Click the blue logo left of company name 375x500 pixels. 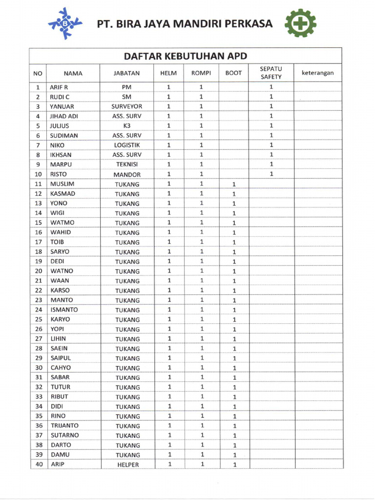(x=65, y=23)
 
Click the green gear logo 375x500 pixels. (x=300, y=23)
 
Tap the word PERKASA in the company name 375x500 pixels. (x=249, y=23)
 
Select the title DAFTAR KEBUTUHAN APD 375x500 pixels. (x=185, y=56)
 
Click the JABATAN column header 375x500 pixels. (x=126, y=73)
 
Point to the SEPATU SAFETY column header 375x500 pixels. (x=271, y=73)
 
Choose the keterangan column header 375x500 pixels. (x=317, y=73)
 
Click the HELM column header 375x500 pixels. (x=168, y=73)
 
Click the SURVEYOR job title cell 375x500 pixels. (x=126, y=106)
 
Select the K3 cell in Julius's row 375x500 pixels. (x=126, y=126)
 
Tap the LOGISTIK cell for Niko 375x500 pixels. (x=127, y=145)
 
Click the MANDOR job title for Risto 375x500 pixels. (x=127, y=174)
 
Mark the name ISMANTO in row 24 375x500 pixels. (x=64, y=310)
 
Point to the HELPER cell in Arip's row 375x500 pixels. (x=128, y=465)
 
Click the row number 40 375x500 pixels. (x=38, y=464)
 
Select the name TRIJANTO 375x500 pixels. (x=64, y=426)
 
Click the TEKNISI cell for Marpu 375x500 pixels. (x=126, y=165)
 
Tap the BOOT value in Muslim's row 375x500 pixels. (x=234, y=185)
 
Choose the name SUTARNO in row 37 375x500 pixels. (x=64, y=435)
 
